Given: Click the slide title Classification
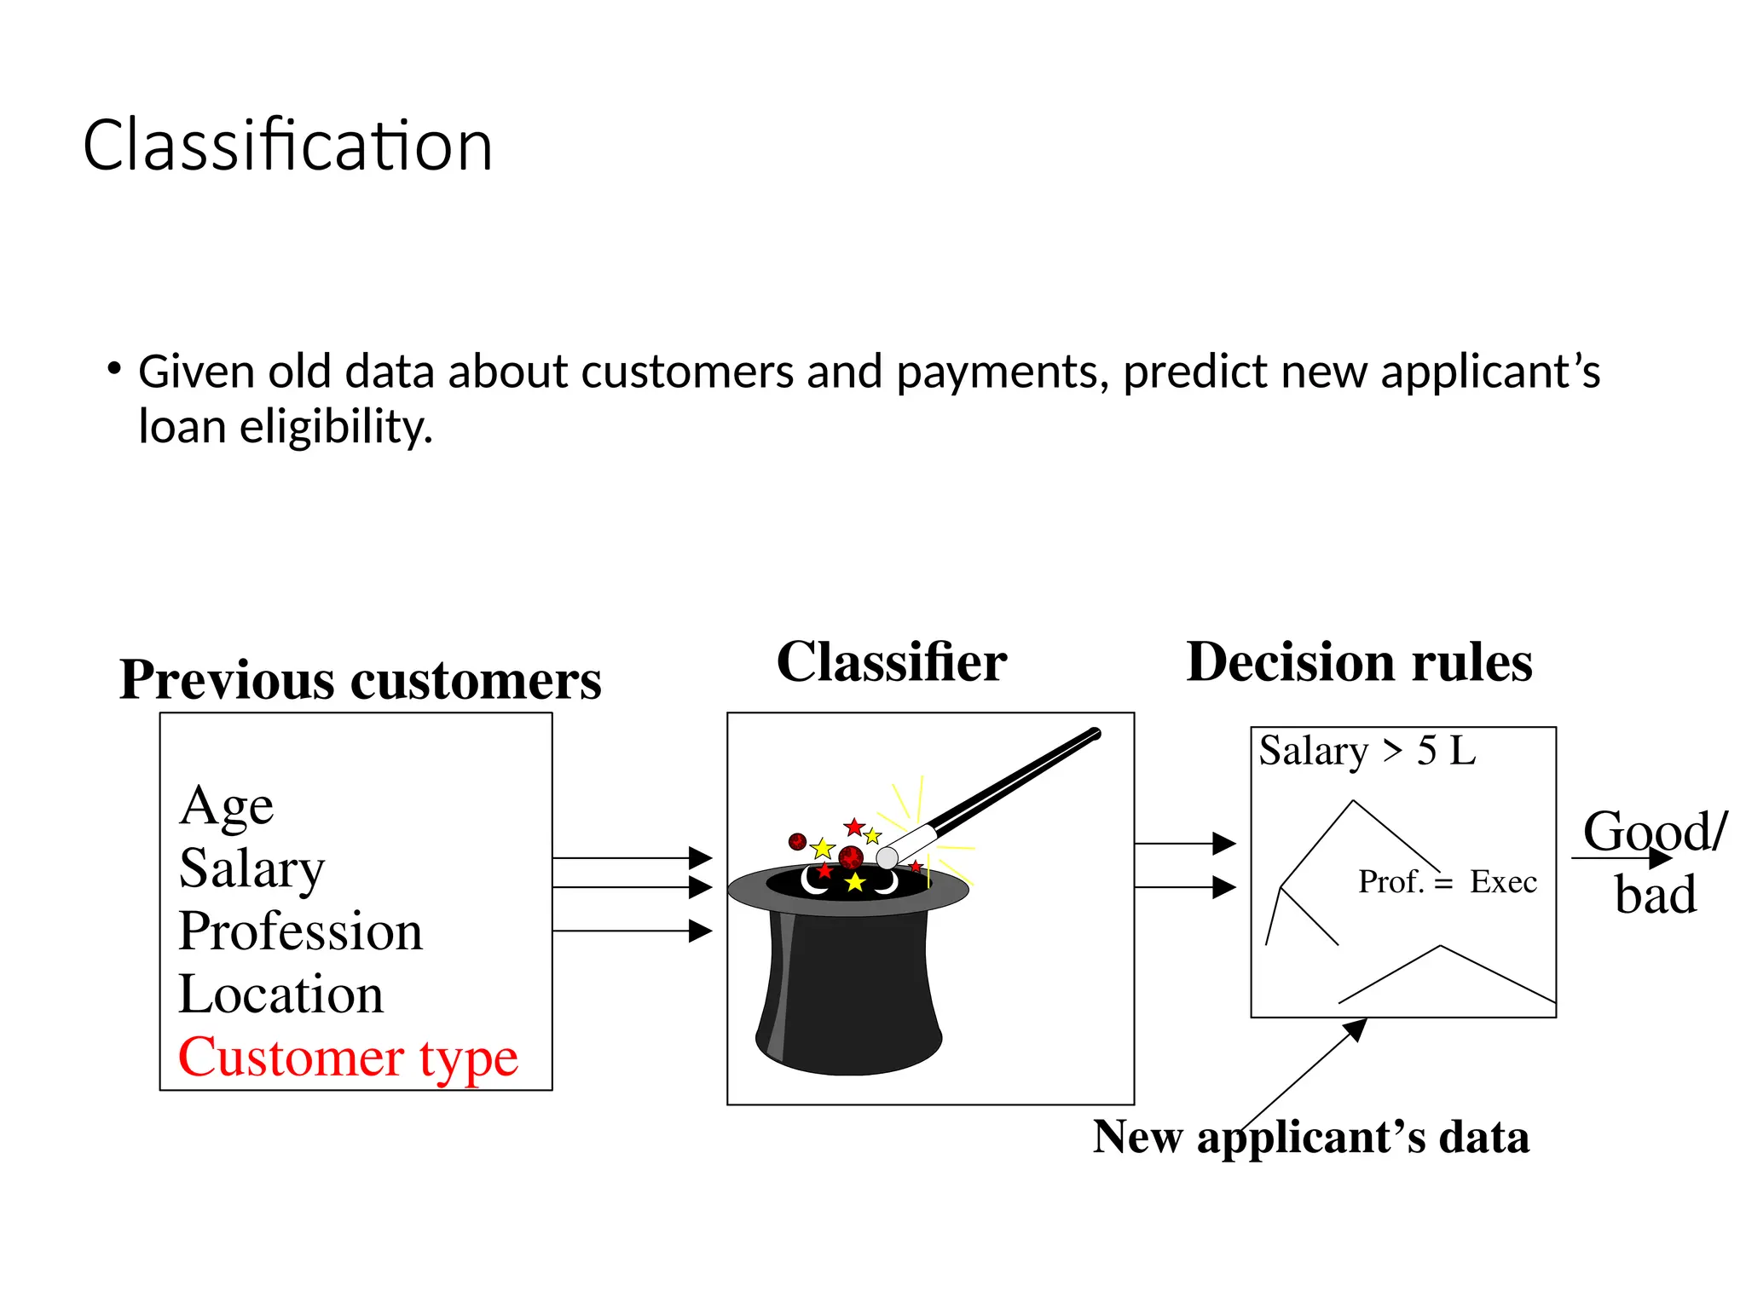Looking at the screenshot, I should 287,146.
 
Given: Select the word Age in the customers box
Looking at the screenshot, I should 227,806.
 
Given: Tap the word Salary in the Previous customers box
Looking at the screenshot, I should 252,869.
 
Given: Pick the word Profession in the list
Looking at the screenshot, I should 300,931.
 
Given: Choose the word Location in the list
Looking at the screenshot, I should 280,995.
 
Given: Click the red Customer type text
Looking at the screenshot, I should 348,1058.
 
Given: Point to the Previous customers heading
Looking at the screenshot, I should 360,680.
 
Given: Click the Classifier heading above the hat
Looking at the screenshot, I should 891,662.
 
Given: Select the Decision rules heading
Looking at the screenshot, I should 1359,662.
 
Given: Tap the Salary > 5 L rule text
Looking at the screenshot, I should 1367,752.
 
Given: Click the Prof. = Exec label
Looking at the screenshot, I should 1448,882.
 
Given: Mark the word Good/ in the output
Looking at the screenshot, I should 1655,831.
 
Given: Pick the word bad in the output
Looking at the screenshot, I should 1656,896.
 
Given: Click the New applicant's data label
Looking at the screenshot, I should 1311,1138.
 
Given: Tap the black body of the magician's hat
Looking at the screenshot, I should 848,989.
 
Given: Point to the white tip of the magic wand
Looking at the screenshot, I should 887,857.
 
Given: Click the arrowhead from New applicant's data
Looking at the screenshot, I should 1356,1029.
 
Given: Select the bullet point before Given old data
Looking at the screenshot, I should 113,369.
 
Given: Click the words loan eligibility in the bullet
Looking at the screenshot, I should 286,427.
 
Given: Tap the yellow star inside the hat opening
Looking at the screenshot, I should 855,883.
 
